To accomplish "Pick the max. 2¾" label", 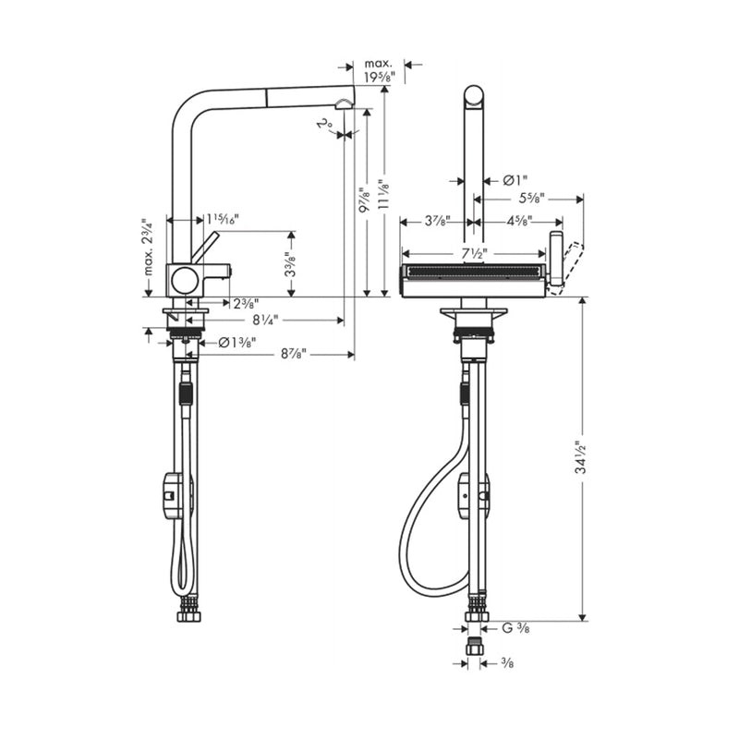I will [145, 250].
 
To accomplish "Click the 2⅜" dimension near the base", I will [245, 303].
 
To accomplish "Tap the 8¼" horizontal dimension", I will [262, 320].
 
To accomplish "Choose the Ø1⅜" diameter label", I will [237, 343].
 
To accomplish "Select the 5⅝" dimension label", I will [529, 199].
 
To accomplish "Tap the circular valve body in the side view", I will [185, 280].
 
